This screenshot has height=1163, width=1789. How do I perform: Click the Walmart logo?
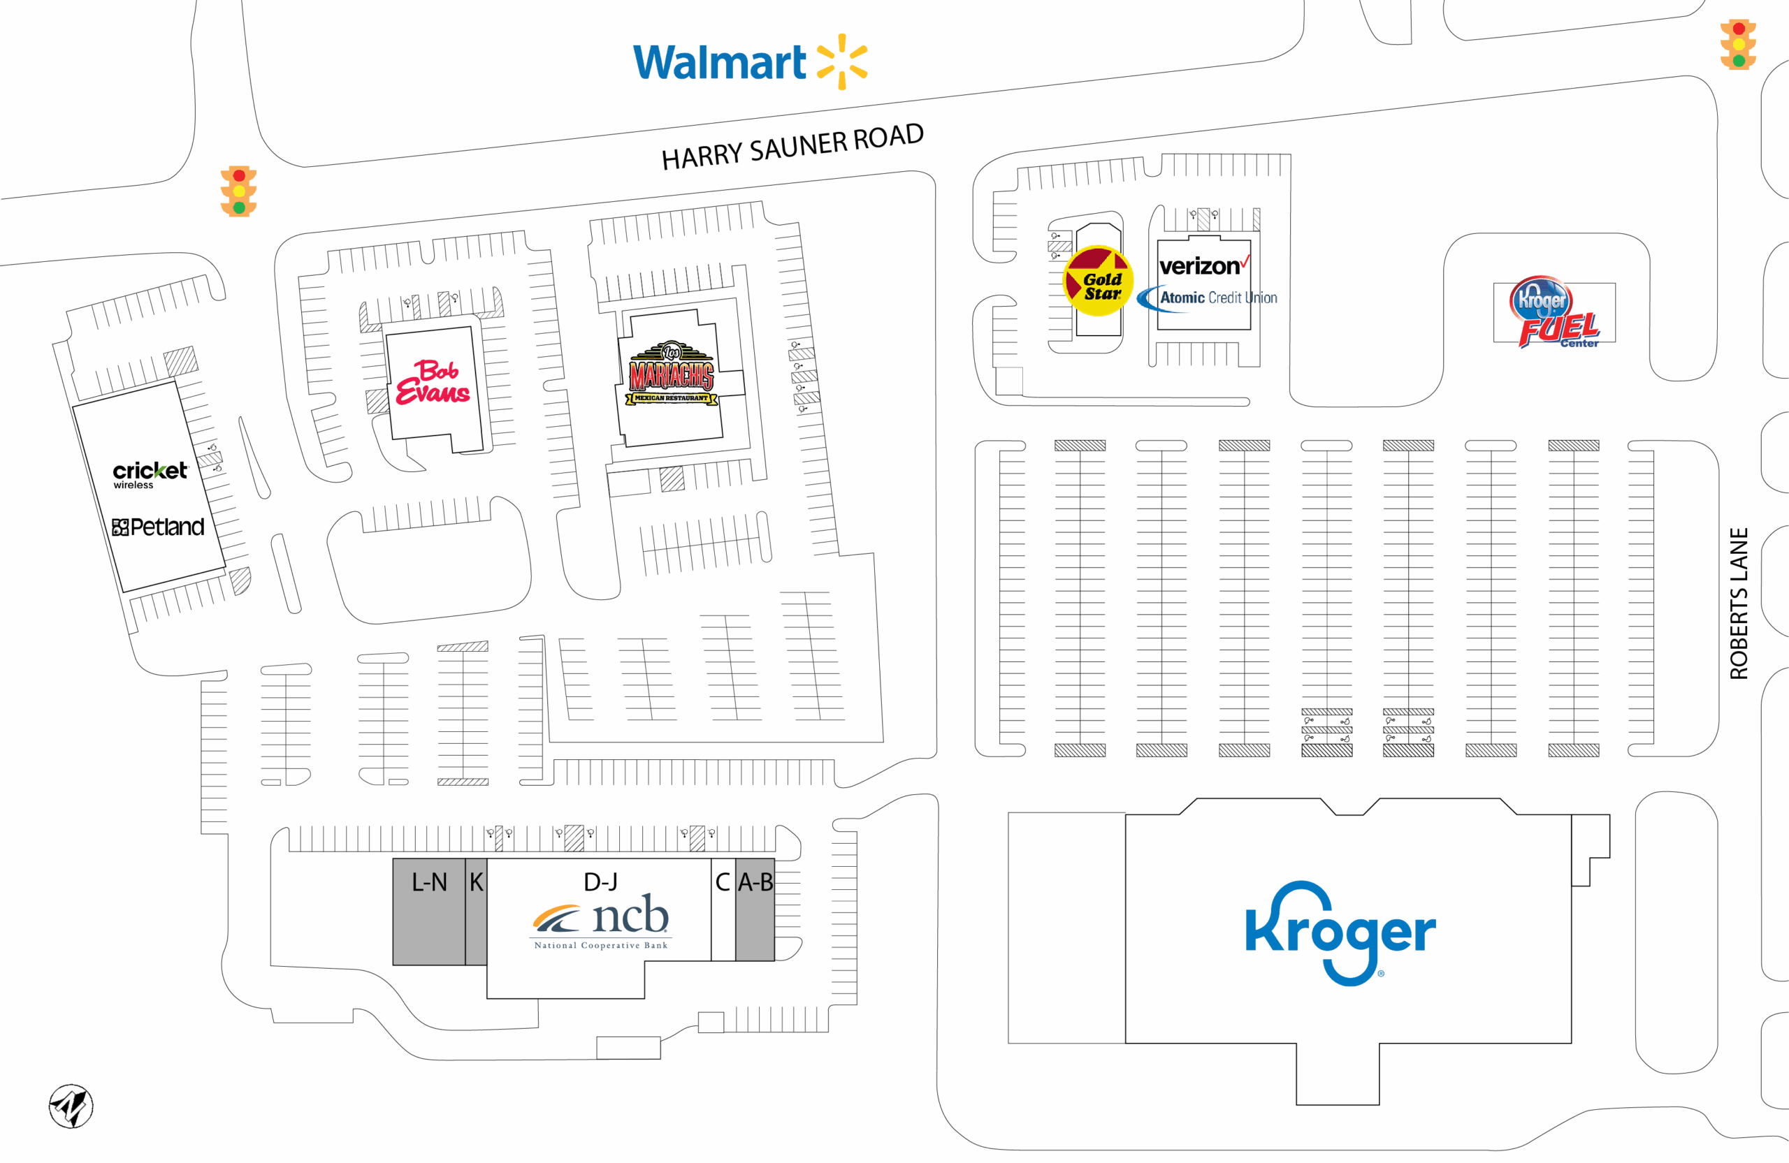[750, 61]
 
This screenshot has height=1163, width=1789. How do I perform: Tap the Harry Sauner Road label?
[792, 147]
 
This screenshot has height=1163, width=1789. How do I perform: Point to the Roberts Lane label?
[1739, 604]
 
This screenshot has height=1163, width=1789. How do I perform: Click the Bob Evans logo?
[433, 382]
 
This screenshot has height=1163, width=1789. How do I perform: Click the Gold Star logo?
[1097, 281]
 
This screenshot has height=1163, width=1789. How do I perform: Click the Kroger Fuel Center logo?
[1554, 312]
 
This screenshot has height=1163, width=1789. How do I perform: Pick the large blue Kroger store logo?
[1340, 932]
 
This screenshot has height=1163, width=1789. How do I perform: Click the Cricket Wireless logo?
[150, 474]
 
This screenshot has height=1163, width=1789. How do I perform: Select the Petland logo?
[158, 527]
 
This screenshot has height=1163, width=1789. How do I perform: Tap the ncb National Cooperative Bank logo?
[600, 921]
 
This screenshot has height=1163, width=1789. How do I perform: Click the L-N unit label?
[429, 882]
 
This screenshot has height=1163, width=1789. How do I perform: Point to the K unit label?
[477, 882]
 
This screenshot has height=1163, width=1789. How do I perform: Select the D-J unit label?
[600, 882]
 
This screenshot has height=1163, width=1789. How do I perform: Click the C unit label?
[723, 882]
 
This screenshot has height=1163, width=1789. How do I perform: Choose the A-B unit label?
[755, 882]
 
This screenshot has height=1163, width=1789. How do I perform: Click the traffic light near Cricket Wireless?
[239, 191]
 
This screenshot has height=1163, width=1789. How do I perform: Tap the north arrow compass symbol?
[71, 1106]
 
